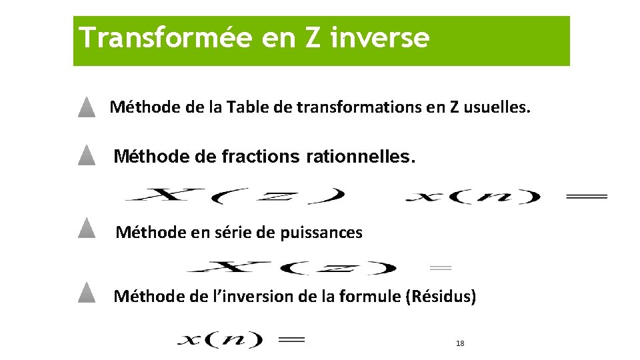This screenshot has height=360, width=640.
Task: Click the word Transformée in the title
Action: pyautogui.click(x=164, y=37)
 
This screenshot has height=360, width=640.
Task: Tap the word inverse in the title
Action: pyautogui.click(x=379, y=37)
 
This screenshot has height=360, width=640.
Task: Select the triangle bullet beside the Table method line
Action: pyautogui.click(x=86, y=107)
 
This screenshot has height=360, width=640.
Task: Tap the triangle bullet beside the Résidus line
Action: pyautogui.click(x=86, y=293)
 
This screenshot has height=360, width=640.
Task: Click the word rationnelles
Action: pyautogui.click(x=360, y=157)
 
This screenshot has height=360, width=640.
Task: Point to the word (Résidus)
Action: pyautogui.click(x=441, y=296)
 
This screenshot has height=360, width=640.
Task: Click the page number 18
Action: pyautogui.click(x=460, y=343)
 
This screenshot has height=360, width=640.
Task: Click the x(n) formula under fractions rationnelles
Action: pyautogui.click(x=473, y=196)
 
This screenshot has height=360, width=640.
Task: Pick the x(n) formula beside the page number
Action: pyautogui.click(x=220, y=339)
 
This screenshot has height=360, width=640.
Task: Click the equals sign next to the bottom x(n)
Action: pyautogui.click(x=291, y=339)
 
